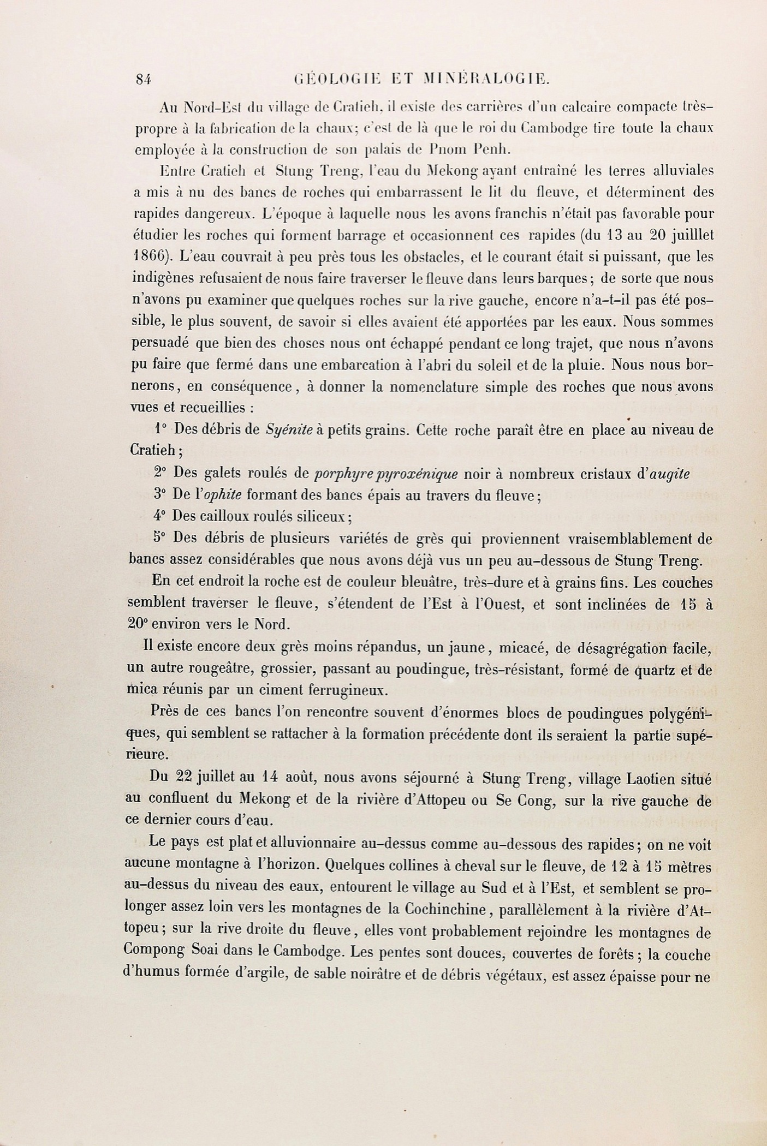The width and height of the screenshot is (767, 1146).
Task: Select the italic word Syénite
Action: coord(289,429)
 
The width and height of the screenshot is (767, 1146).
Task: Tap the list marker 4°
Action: coord(159,516)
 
